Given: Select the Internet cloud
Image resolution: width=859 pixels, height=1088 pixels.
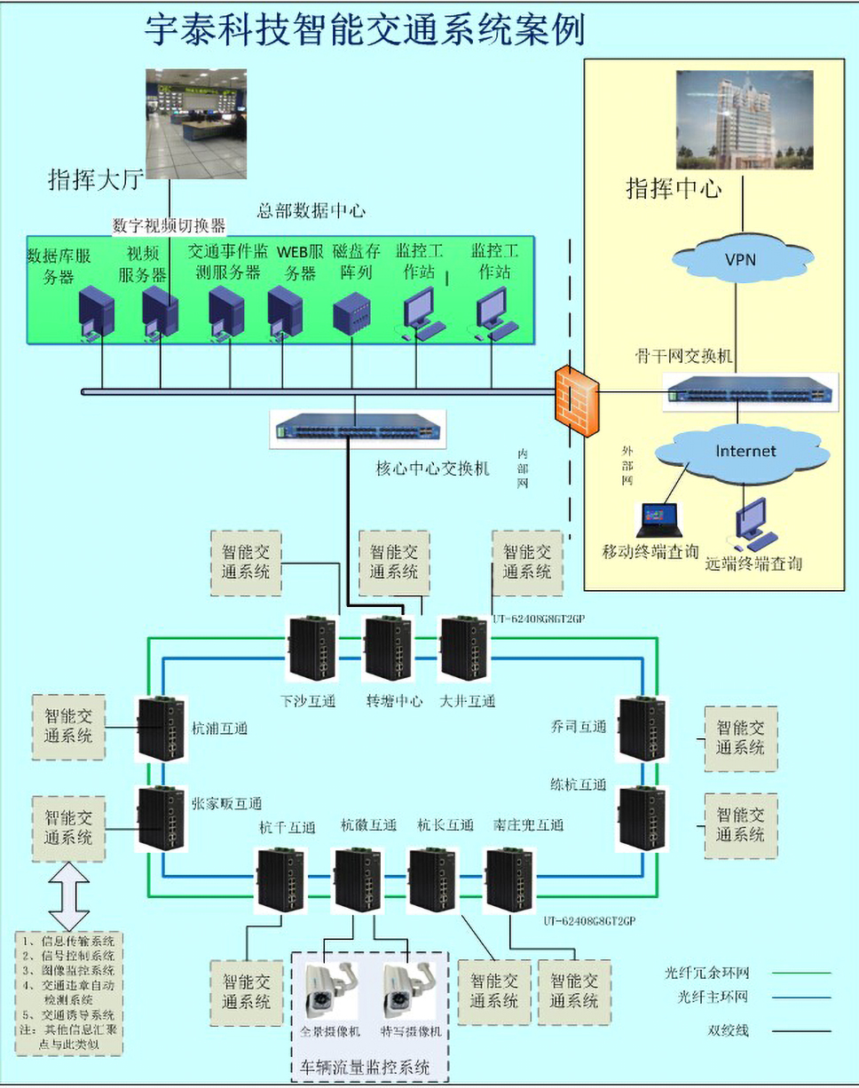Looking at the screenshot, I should coord(745,452).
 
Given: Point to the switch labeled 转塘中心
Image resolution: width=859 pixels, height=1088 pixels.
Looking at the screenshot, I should coord(388,649).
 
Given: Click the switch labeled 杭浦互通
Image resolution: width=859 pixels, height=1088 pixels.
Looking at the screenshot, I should coord(161,728).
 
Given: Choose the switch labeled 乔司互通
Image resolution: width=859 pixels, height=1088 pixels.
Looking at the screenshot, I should coord(642,729).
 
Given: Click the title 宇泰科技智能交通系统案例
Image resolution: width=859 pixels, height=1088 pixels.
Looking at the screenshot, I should coord(365,29).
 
